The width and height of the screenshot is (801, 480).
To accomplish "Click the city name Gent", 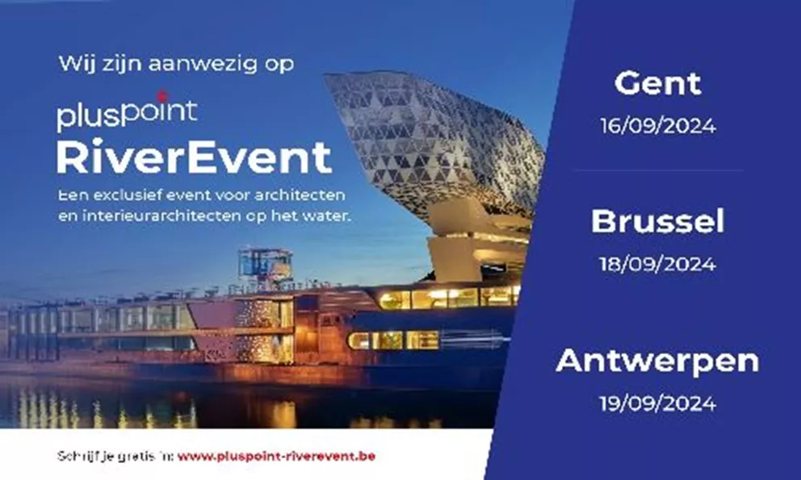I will point(657,84).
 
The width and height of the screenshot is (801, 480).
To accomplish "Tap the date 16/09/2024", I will point(657,127).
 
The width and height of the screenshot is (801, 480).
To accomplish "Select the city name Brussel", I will point(657,222).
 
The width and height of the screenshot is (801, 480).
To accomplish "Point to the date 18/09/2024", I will point(657,265).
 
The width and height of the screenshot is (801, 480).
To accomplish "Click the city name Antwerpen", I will point(657,361).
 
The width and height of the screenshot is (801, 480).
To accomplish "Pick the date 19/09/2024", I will point(657,403).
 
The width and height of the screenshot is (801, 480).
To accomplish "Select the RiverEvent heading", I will point(194,157).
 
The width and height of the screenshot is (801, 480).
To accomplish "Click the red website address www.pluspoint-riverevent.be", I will point(276,456).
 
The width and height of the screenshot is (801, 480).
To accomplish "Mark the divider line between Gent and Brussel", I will point(657,170).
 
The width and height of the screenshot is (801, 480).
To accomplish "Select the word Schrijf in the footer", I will point(78,456).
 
